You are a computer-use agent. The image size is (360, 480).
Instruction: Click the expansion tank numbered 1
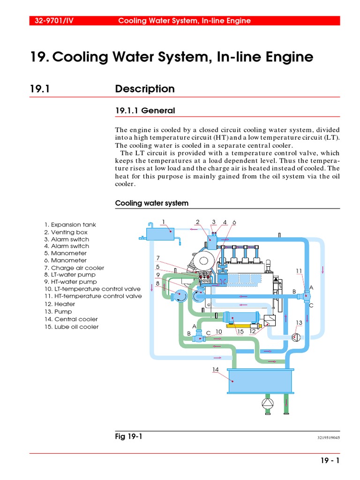click(x=160, y=233)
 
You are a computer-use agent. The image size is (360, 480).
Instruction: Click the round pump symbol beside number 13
click(x=296, y=337)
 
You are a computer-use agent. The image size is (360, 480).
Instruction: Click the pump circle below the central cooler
click(x=267, y=404)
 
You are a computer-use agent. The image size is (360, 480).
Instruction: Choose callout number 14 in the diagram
click(x=215, y=369)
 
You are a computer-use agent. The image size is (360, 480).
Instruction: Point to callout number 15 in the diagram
click(x=240, y=331)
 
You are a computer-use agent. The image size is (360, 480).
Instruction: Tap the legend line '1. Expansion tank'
click(x=70, y=225)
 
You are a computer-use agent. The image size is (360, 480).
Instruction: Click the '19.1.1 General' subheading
click(x=145, y=111)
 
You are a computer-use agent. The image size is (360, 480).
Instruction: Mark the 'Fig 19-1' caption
click(x=128, y=436)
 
